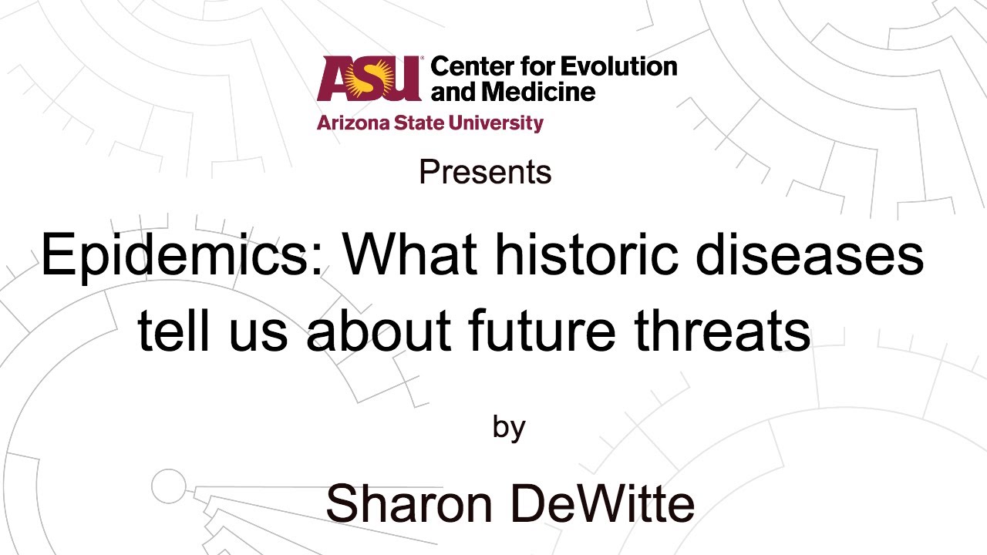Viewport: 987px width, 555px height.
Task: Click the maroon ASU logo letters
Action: [369, 78]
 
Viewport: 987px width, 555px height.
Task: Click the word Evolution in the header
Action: [618, 66]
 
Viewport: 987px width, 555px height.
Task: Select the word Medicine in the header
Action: [538, 92]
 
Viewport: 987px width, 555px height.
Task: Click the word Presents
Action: [485, 172]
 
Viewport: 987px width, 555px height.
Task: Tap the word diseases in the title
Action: [810, 255]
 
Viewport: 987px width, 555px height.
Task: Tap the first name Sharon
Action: [409, 505]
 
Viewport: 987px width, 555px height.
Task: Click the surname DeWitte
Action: [601, 505]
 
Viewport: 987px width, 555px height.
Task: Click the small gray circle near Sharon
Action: [168, 486]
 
